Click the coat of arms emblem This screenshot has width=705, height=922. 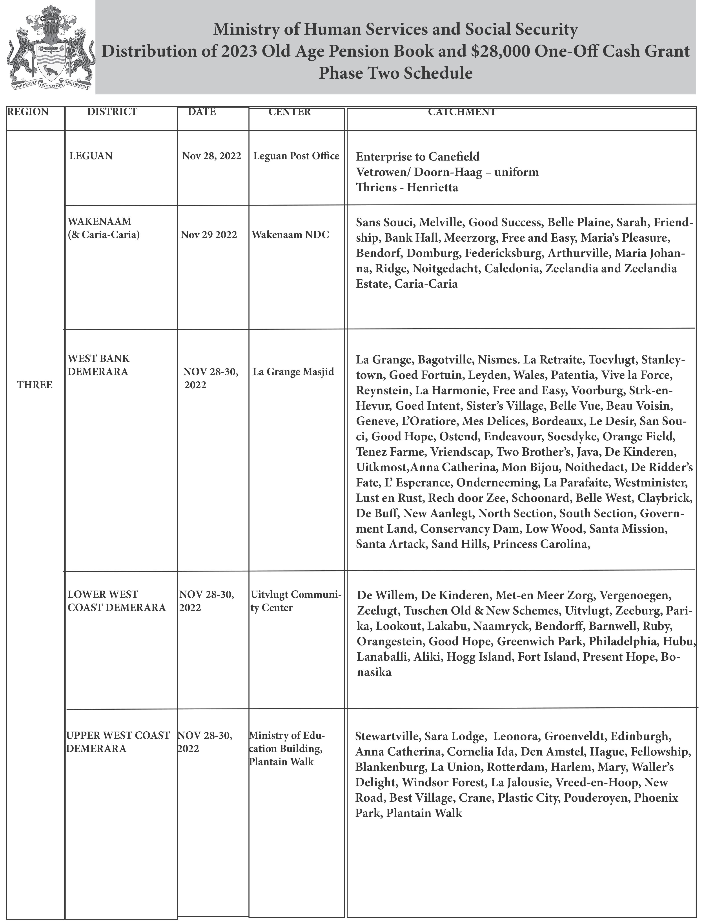point(49,48)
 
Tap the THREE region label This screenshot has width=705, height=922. point(35,385)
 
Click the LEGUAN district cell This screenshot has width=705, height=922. point(91,156)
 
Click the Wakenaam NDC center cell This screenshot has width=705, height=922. point(290,235)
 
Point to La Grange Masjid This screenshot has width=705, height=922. point(293,372)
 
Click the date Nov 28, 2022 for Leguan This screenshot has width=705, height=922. point(211,156)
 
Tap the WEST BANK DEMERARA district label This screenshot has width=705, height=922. point(98,365)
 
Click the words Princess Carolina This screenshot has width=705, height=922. point(541,544)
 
